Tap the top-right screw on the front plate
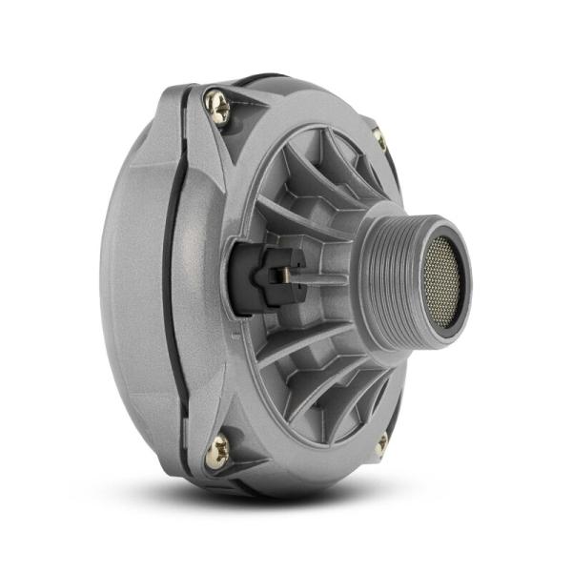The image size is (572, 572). (379, 138)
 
